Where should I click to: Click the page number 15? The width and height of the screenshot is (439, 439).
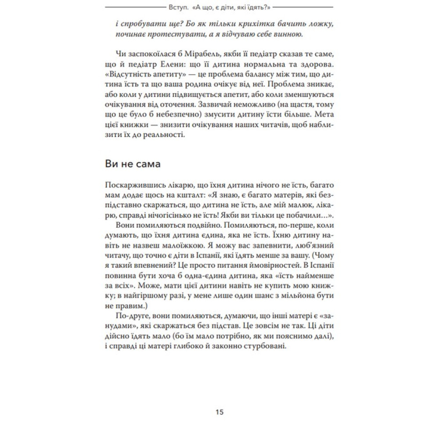pyautogui.click(x=219, y=412)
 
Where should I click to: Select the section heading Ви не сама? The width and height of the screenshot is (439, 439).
pyautogui.click(x=133, y=165)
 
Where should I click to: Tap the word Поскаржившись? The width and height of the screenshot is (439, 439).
pyautogui.click(x=133, y=192)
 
